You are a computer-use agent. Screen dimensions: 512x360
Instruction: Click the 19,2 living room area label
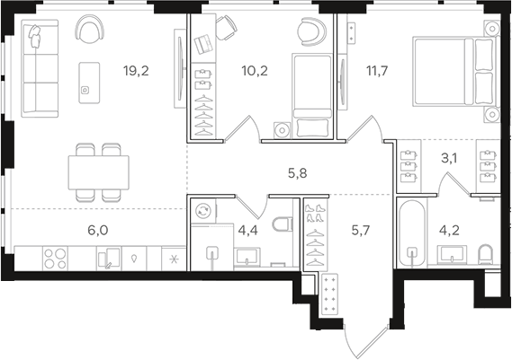(136, 71)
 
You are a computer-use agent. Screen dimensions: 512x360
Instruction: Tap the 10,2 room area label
(255, 71)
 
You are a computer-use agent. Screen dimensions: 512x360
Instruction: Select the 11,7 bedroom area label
(377, 71)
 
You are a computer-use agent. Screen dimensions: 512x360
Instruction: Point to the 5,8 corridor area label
(298, 173)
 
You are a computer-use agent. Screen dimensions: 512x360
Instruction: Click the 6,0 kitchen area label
(98, 231)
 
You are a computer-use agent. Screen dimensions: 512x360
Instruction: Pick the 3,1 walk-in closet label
(449, 159)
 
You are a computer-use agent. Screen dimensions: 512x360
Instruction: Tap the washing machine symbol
(203, 210)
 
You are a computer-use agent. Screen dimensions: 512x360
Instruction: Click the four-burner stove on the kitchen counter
(55, 259)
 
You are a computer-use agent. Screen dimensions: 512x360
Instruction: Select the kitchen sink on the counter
(109, 259)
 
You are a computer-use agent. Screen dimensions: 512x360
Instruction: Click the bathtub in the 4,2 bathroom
(412, 233)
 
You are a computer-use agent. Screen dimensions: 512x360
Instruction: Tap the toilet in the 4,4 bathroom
(283, 225)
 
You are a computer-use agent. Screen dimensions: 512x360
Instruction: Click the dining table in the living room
(98, 172)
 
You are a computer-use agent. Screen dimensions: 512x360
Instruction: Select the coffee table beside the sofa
(89, 83)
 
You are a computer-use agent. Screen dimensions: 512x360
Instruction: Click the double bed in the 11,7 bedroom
(455, 72)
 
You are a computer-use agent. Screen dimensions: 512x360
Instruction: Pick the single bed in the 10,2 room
(312, 95)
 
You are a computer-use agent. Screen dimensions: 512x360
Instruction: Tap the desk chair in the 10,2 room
(226, 29)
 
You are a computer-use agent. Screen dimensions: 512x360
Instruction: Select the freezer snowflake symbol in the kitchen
(174, 259)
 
